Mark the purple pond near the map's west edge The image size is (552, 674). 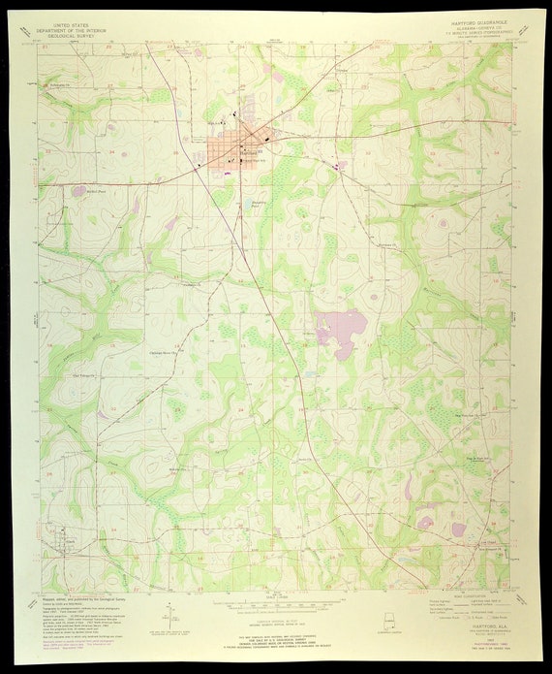click(78, 191)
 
